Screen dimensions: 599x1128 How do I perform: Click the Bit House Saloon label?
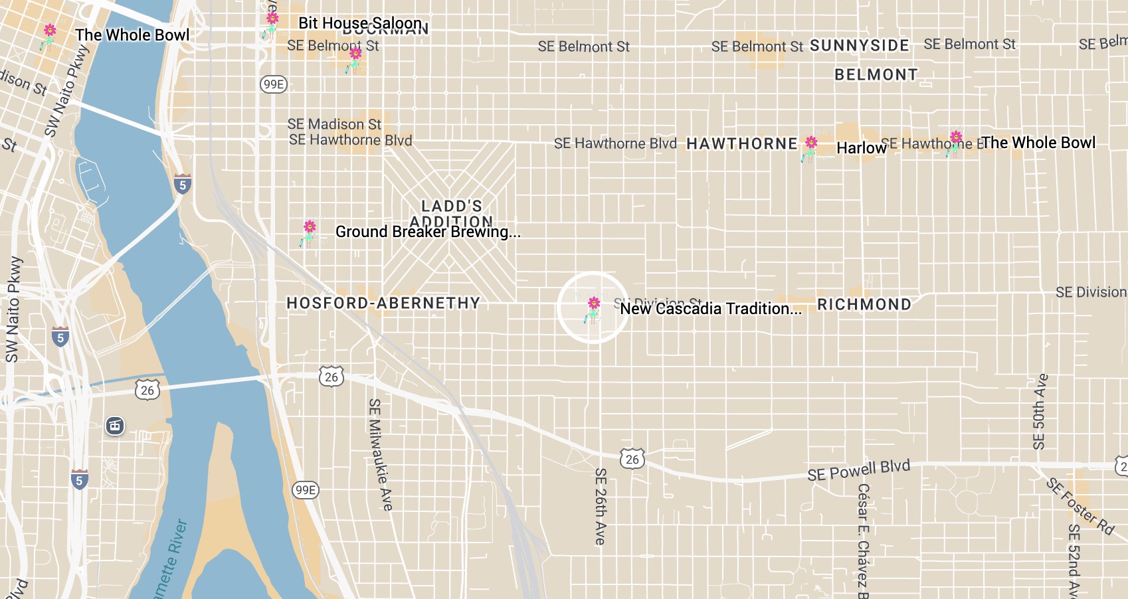(x=359, y=23)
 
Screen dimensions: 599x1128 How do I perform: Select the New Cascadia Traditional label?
(x=710, y=309)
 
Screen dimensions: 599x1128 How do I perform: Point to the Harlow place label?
(x=861, y=147)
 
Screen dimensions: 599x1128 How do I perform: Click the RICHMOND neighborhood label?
(x=864, y=305)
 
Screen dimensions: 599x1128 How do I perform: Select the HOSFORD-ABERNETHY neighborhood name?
(x=383, y=303)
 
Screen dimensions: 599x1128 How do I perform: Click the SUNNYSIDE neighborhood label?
(x=859, y=46)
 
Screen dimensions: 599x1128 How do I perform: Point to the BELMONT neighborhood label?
(x=876, y=75)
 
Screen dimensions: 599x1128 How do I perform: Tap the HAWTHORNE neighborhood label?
(x=741, y=144)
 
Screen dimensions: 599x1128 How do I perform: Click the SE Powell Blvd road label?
(x=858, y=470)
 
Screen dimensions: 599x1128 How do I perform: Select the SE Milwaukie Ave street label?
(x=380, y=454)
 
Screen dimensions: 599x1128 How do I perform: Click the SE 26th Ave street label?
(x=601, y=506)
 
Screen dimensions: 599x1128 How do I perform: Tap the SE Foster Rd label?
(x=1080, y=506)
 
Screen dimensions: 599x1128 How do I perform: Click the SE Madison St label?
(x=334, y=124)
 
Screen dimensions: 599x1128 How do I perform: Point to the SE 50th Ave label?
(x=1040, y=412)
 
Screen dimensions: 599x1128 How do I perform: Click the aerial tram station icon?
(x=115, y=426)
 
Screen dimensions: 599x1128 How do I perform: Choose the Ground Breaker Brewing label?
(x=427, y=232)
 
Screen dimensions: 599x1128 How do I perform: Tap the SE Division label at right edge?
(x=1091, y=292)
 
